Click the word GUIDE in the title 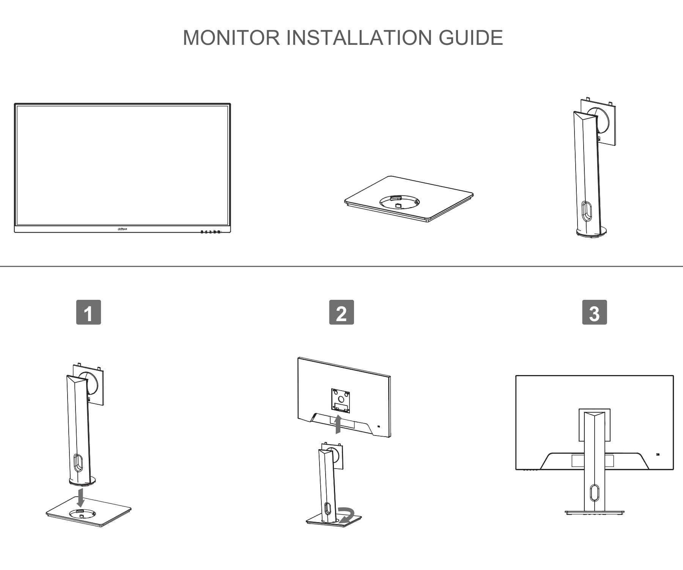471,38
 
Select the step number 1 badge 88,312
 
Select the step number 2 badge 341,312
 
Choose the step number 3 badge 594,312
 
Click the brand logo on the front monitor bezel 122,229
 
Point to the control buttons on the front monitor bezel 210,231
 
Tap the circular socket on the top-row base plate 398,201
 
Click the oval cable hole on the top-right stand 587,211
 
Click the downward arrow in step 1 80,498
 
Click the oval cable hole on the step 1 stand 78,462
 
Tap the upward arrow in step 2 338,424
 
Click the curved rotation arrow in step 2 347,515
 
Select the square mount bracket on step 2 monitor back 340,400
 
